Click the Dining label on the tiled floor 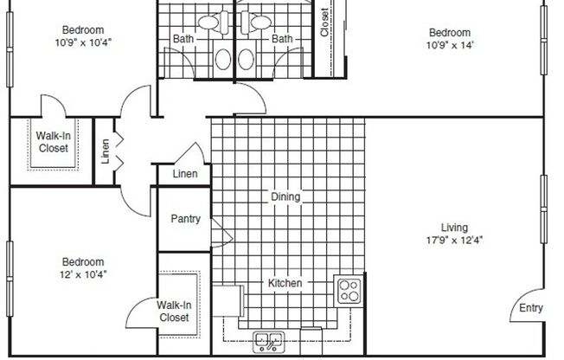[x=285, y=196]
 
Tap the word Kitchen [x=285, y=283]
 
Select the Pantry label [x=185, y=219]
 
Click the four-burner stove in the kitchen [x=349, y=290]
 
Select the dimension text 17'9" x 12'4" [x=454, y=240]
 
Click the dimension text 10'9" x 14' [x=450, y=45]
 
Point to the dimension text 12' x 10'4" [x=83, y=274]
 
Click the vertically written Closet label [x=324, y=23]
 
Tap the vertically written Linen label [x=106, y=151]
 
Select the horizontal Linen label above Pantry [x=185, y=174]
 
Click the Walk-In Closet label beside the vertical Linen [x=52, y=141]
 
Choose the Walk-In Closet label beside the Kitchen [x=173, y=311]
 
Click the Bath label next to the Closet [x=282, y=38]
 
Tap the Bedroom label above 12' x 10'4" [x=83, y=262]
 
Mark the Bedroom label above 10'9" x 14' [x=450, y=33]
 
